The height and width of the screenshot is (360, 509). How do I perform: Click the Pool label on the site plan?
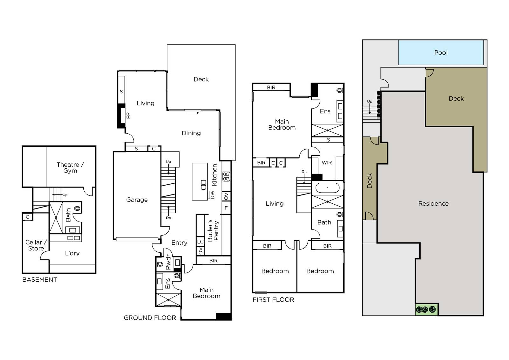(441, 53)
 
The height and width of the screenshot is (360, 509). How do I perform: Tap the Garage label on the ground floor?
(137, 200)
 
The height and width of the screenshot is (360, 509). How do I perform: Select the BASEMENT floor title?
(39, 280)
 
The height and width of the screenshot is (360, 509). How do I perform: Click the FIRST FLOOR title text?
(273, 300)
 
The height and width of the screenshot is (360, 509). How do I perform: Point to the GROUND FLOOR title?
(150, 318)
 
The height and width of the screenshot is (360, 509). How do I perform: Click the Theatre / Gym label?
(70, 168)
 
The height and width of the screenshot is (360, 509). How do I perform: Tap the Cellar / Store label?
(36, 245)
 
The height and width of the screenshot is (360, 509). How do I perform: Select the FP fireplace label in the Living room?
(129, 116)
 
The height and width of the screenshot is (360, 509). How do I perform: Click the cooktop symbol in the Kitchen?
(226, 176)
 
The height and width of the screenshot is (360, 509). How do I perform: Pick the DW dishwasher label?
(212, 195)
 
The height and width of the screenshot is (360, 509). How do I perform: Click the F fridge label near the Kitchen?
(226, 208)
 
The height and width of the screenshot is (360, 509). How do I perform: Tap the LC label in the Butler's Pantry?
(200, 242)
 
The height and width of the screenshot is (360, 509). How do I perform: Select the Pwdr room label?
(168, 262)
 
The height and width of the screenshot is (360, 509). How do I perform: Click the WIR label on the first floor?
(326, 163)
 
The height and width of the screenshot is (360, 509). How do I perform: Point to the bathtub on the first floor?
(327, 188)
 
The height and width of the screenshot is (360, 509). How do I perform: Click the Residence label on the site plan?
(433, 203)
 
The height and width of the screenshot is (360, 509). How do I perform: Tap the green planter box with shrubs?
(427, 309)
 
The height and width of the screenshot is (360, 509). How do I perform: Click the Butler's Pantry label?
(213, 230)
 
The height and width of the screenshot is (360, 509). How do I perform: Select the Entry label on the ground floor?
(179, 243)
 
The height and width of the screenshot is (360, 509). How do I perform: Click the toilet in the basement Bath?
(78, 208)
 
